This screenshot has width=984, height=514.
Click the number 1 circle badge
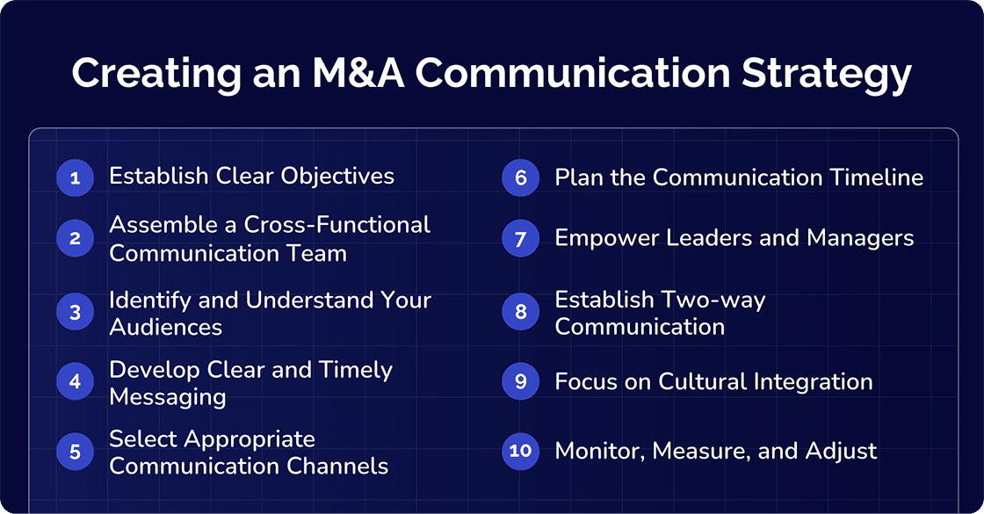tap(75, 178)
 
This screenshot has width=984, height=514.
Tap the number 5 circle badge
tap(75, 452)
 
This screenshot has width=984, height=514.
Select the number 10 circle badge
tap(520, 451)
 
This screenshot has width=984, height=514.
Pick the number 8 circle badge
tap(520, 312)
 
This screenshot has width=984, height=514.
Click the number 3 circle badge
tap(75, 312)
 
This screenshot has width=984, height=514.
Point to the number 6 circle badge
tap(520, 178)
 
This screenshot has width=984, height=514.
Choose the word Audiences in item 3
tap(165, 327)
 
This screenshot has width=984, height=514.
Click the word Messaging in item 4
tap(167, 397)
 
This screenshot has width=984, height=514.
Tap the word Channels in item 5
tap(341, 466)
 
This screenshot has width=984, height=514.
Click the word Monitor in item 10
tap(592, 452)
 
